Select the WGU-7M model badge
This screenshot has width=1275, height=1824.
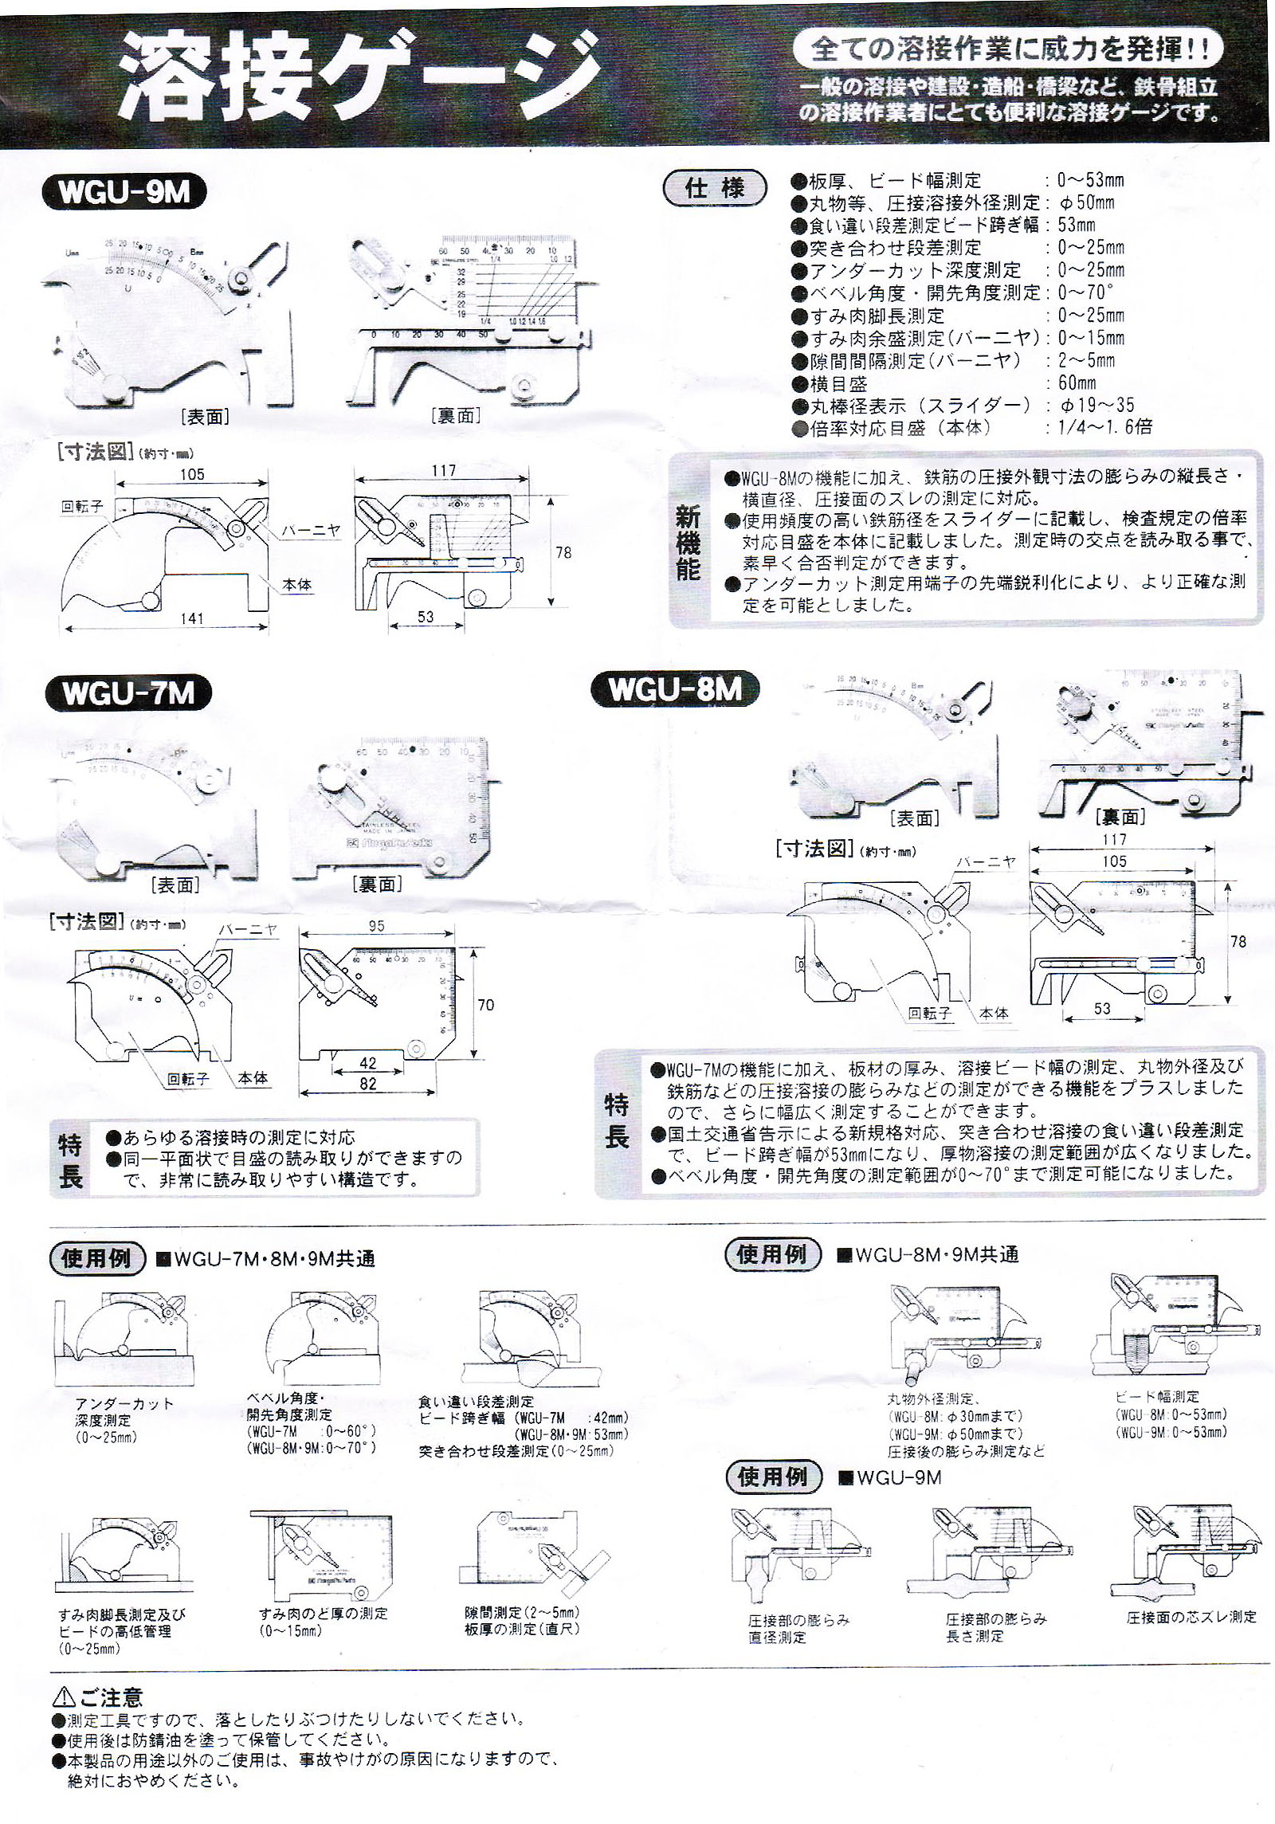coord(128,692)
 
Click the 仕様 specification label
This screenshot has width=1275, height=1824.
coord(715,189)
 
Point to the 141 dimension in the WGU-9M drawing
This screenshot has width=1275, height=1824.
coord(191,618)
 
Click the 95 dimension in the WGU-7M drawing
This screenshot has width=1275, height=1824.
coord(376,926)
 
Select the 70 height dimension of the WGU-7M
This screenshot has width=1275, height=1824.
coord(485,1005)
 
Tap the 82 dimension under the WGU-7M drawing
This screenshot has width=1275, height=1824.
coord(367,1083)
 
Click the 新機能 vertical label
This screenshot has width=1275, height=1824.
coord(688,543)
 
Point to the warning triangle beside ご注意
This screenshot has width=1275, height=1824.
coord(64,1697)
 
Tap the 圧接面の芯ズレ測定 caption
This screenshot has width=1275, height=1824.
coord(1191,1617)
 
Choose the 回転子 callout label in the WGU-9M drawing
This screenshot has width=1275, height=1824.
coord(82,507)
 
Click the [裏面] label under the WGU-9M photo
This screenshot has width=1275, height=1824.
coord(455,415)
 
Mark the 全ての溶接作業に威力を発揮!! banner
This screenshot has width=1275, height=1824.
coord(1008,49)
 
